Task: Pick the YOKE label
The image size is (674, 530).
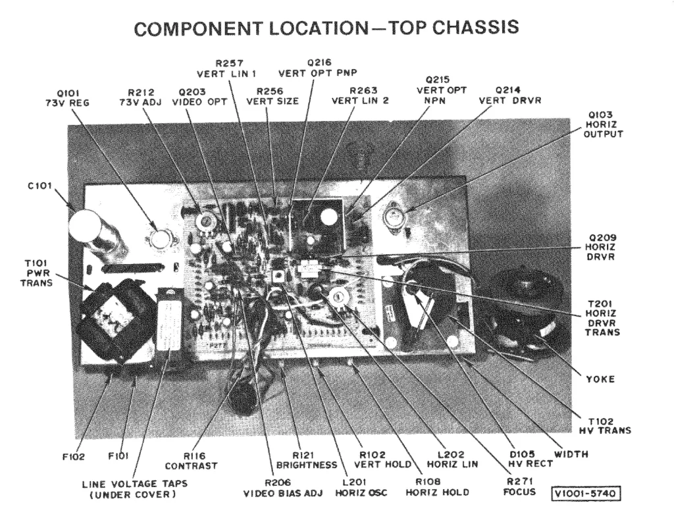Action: (600, 379)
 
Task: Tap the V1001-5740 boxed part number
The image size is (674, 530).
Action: (588, 492)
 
